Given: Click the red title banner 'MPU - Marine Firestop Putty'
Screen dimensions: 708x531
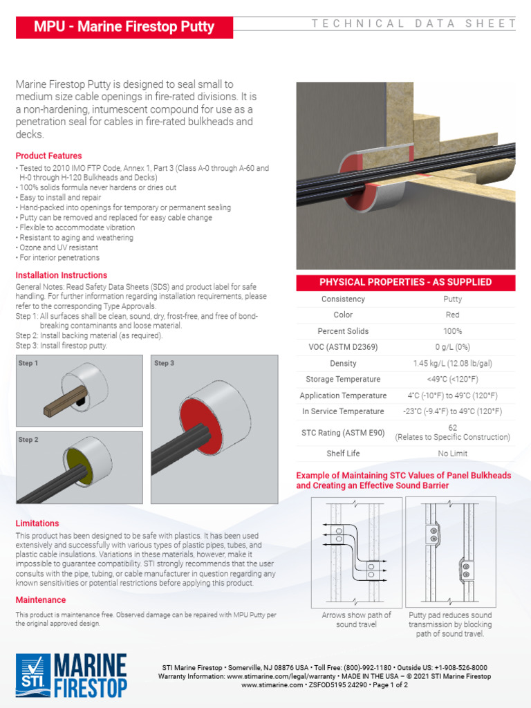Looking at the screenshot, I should [124, 27].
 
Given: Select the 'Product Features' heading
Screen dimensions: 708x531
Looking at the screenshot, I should [48, 156].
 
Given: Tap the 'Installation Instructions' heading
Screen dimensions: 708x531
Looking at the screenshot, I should [62, 275].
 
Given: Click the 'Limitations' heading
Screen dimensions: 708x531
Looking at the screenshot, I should [37, 523].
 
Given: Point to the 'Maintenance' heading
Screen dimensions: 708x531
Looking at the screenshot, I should [41, 600].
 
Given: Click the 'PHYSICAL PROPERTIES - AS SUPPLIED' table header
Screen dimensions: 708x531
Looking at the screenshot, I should [405, 282].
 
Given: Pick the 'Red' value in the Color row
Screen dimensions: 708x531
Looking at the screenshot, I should [452, 315].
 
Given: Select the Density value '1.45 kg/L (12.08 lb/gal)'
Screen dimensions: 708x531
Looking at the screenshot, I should [452, 363].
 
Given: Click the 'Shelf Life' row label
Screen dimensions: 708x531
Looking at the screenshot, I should [343, 454].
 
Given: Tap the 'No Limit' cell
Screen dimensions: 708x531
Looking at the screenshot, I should [452, 454].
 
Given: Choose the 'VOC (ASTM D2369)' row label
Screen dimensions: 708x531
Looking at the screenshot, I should [343, 347].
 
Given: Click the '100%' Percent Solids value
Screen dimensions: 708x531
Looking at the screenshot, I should [452, 331].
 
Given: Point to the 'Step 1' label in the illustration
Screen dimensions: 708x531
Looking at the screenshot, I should [28, 363].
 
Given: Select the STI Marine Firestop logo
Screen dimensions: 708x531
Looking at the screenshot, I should [71, 675].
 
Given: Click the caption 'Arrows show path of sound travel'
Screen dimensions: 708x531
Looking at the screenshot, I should [356, 619].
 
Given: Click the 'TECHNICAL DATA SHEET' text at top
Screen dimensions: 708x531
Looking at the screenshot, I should [413, 24].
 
